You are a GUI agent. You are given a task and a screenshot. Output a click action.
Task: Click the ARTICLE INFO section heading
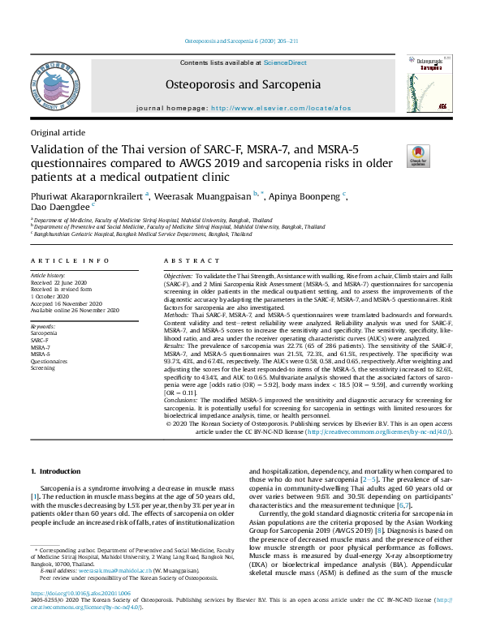[x=70, y=260]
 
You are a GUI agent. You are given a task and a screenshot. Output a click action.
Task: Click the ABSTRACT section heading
[x=191, y=260]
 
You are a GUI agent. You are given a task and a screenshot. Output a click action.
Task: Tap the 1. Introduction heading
[x=56, y=471]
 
